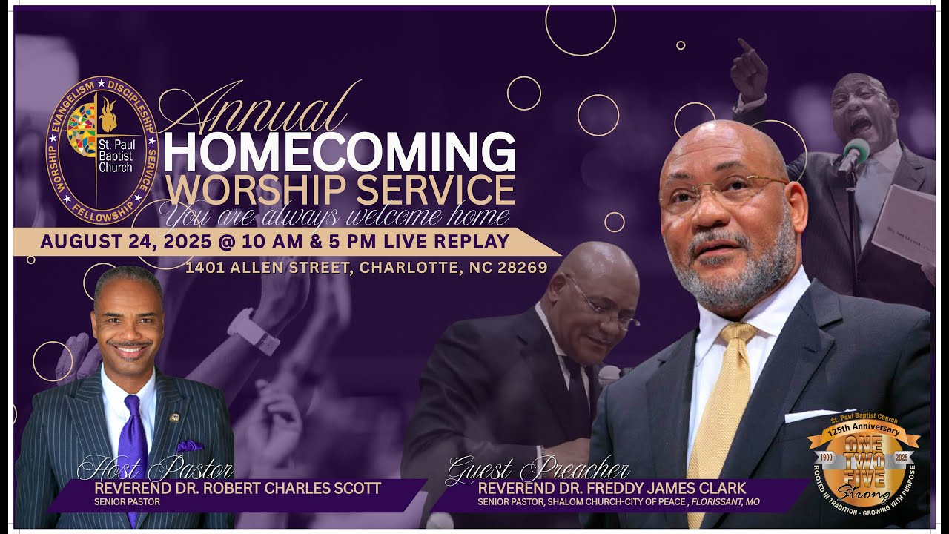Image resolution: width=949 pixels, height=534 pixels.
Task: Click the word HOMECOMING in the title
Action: click(339, 152)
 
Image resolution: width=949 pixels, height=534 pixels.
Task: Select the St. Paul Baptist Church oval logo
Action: click(102, 151)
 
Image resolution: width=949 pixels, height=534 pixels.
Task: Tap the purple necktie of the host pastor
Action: click(133, 445)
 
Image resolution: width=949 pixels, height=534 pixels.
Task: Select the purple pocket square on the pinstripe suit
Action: click(190, 446)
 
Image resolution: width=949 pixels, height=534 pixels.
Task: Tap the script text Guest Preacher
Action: click(538, 470)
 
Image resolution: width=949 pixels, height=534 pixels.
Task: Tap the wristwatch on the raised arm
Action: click(252, 330)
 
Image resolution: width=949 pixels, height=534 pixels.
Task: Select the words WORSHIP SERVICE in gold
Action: click(340, 189)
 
